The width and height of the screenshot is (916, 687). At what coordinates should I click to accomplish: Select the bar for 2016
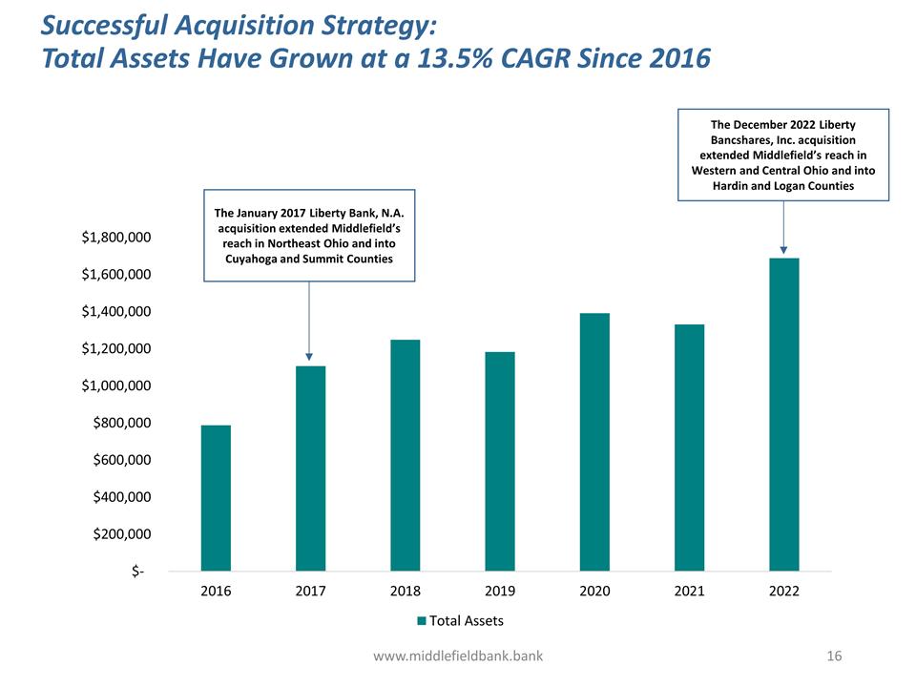[x=216, y=498]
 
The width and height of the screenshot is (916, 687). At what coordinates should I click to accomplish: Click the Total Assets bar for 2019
[x=500, y=462]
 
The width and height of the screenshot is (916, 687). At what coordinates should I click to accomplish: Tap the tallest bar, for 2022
[x=783, y=414]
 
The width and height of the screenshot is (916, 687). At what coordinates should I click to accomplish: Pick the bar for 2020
[x=594, y=442]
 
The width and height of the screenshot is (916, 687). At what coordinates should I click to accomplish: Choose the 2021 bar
[x=689, y=448]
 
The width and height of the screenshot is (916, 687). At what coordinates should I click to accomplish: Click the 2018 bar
[x=406, y=455]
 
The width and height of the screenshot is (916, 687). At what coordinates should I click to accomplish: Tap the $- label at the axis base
[x=139, y=572]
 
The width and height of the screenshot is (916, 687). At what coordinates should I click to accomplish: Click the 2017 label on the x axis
[x=310, y=592]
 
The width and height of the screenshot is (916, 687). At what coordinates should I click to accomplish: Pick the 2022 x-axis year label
[x=783, y=592]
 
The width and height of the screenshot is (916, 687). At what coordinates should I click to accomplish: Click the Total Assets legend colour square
[x=421, y=621]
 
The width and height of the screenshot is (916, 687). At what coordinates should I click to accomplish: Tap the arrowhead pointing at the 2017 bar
[x=309, y=358]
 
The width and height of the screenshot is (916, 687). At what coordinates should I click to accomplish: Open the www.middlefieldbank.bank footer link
[x=458, y=656]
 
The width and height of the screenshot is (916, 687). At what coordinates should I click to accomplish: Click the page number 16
[x=836, y=656]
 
